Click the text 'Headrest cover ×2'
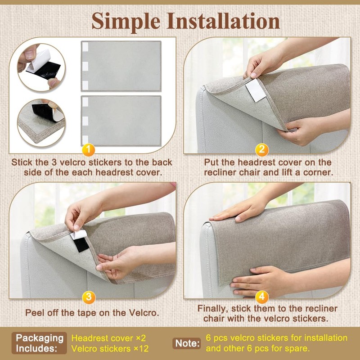pyautogui.click(x=109, y=337)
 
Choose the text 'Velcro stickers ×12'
pyautogui.click(x=110, y=348)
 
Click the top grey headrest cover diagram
pyautogui.click(x=121, y=66)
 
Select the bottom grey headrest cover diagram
pyautogui.click(x=121, y=120)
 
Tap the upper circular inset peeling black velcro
pyautogui.click(x=41, y=67)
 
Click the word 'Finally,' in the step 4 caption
pyautogui.click(x=214, y=309)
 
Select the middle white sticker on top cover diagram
pyautogui.click(x=85, y=66)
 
